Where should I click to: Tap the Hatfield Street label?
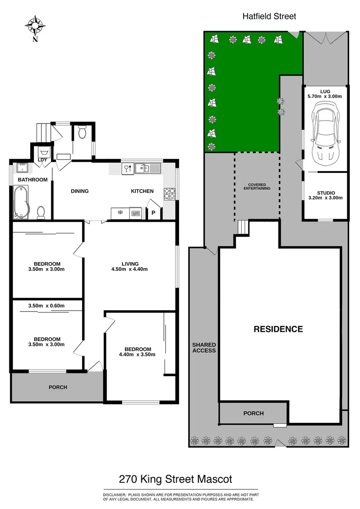click(269, 16)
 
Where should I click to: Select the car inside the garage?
click(325, 135)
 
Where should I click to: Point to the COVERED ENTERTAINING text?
click(257, 186)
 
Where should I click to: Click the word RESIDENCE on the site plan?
click(278, 329)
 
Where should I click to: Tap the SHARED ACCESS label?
click(204, 348)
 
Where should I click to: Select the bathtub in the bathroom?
click(21, 202)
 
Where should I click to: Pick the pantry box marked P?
click(154, 213)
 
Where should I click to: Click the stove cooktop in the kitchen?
click(169, 193)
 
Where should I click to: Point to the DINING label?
click(80, 191)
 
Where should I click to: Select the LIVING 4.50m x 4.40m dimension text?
click(130, 267)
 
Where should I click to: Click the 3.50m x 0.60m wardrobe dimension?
click(46, 306)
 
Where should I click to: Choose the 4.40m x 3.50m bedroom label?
click(138, 352)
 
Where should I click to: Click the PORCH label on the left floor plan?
click(58, 387)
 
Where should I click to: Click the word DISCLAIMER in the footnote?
click(115, 494)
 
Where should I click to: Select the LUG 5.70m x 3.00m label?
click(325, 93)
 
